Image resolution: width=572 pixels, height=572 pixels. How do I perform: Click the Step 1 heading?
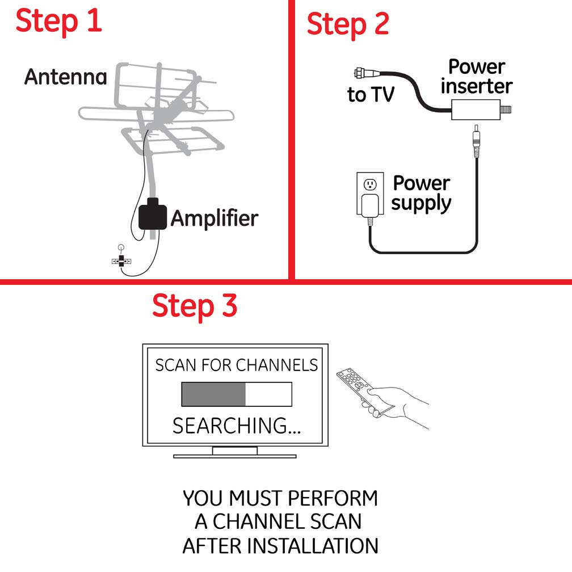point(59,20)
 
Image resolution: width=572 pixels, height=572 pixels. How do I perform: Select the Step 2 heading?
point(348,24)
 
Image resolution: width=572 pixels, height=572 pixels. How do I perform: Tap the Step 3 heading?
point(194,306)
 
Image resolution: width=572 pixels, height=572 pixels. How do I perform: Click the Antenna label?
point(65,77)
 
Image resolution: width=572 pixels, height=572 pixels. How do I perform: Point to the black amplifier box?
point(152,214)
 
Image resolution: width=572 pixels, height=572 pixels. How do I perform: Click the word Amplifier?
point(214,218)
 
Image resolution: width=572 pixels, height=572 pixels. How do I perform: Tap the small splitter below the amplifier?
point(121,261)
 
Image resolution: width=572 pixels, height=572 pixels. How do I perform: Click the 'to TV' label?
point(371,95)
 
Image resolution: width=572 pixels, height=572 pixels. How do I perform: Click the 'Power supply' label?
point(421,193)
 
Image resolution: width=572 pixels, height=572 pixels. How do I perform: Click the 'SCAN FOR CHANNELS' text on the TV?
point(237,365)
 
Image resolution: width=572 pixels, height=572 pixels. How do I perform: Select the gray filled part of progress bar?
point(213,394)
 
